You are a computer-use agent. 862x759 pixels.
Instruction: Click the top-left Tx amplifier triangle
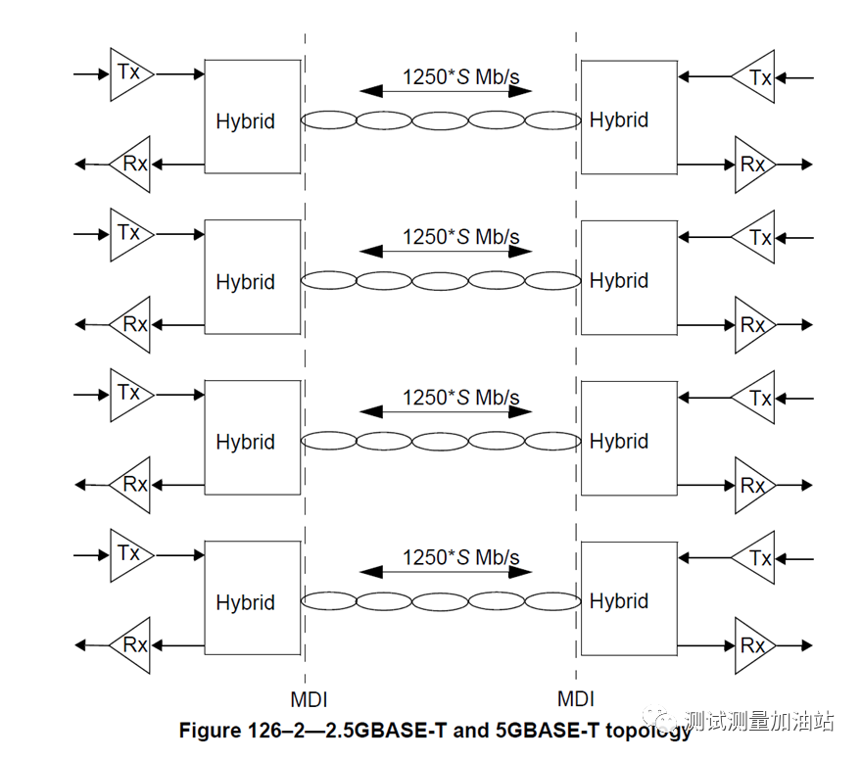coord(129,73)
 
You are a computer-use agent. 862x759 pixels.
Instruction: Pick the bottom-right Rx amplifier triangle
coord(754,645)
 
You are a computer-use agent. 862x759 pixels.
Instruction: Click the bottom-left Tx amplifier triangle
coord(129,554)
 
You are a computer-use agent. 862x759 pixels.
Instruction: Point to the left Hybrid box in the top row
coord(252,117)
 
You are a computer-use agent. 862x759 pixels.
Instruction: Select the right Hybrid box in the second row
coord(628,279)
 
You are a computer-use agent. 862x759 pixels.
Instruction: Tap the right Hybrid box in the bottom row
coord(628,600)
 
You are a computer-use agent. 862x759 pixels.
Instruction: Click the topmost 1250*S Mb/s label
coord(460,76)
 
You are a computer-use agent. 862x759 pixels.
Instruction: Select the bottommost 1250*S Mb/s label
coord(460,557)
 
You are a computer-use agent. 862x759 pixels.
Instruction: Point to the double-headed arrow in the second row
coord(446,252)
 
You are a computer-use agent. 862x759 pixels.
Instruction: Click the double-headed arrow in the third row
coord(446,412)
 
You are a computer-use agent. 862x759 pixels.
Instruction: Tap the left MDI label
coord(309,699)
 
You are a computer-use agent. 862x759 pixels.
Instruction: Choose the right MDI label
coord(576,699)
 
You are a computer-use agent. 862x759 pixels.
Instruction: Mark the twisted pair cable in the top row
coord(441,120)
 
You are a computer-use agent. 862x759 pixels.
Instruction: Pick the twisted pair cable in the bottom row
coord(441,600)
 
